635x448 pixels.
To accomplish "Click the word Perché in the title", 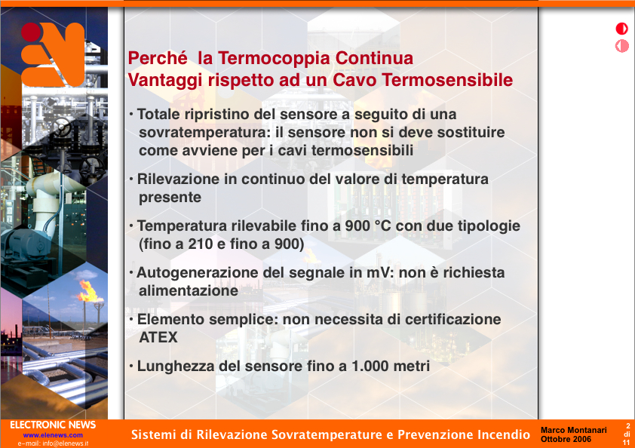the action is tap(158, 58).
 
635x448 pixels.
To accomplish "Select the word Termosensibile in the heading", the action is tap(447, 80).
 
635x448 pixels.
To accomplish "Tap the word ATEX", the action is tap(158, 337).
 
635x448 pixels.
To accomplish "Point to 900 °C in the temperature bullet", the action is tap(368, 226).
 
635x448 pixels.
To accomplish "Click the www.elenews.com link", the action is tap(53, 435).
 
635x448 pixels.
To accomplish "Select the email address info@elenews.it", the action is tap(65, 443).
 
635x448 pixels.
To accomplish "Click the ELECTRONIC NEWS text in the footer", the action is tap(53, 425).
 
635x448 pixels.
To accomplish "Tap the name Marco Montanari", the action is tap(573, 430).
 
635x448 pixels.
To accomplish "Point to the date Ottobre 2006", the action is tap(566, 439).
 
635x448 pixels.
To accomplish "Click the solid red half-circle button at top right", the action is tap(621, 29).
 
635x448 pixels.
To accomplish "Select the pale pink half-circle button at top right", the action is tap(621, 46).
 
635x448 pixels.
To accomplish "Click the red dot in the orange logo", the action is tap(31, 32).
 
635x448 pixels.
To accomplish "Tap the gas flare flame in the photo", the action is tap(88, 291).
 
